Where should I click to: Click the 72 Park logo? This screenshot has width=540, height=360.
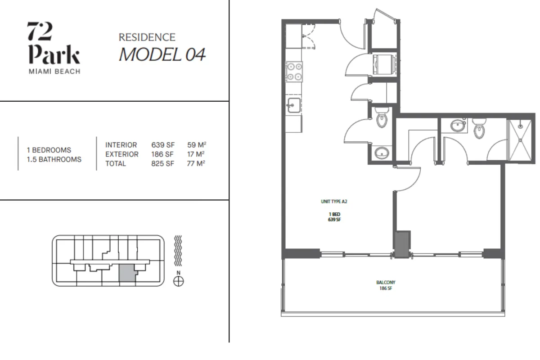coord(54,48)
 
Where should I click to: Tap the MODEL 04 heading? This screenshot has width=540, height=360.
coord(162,54)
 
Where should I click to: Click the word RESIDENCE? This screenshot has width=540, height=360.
coord(147,37)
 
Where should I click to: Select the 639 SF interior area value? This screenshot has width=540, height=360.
coord(163,145)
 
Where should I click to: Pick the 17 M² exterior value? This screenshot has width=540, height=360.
coord(196,154)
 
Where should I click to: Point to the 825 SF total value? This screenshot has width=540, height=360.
coord(162,163)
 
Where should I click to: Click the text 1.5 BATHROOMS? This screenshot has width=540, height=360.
coord(54,159)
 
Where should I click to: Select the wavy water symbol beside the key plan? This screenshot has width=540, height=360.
coord(178,251)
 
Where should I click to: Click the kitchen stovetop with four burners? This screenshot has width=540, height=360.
coord(294,72)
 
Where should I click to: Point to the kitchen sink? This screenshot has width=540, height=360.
coord(293,105)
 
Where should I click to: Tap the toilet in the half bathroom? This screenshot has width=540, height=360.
coord(382,117)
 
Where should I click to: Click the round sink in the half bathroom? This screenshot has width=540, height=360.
coord(382,153)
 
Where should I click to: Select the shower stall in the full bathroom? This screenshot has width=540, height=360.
coord(520,140)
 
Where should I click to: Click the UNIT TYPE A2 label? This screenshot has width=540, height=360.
coord(334,202)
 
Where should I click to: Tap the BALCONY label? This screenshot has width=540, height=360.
coord(386,282)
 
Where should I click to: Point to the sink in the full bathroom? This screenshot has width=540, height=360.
coord(457,126)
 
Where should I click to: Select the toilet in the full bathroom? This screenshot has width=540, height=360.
coord(479,128)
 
